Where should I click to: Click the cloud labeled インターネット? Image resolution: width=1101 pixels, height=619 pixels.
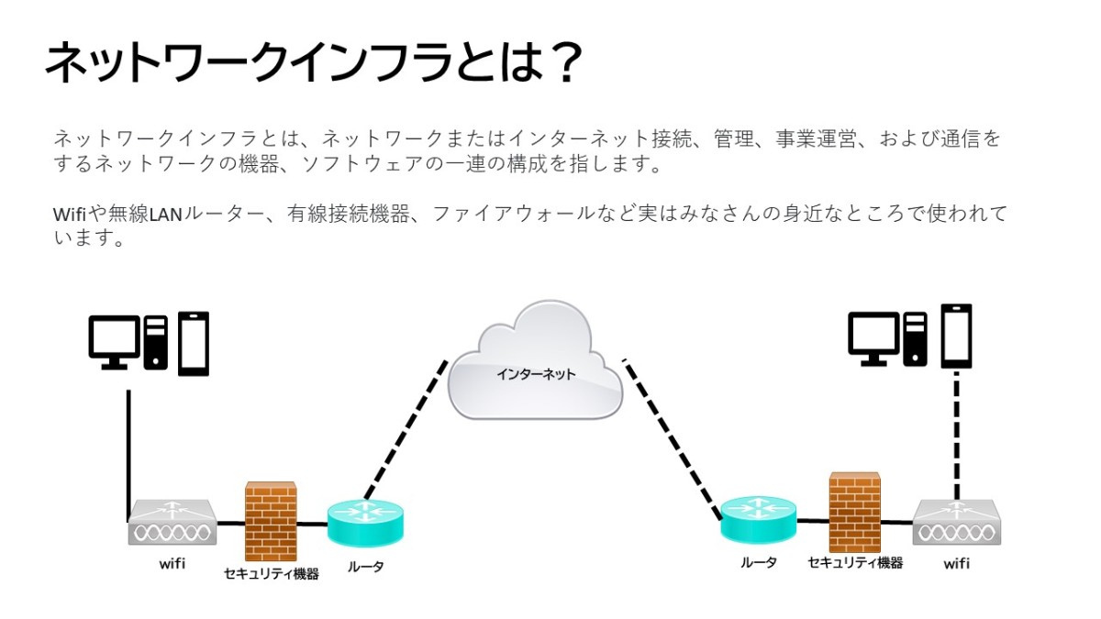point(535,361)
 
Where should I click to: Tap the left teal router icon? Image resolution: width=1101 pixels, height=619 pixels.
point(365,522)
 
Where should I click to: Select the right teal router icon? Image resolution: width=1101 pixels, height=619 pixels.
point(758,520)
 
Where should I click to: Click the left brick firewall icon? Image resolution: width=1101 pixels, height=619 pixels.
point(271,521)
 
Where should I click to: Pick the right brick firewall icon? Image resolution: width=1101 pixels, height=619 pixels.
point(855,513)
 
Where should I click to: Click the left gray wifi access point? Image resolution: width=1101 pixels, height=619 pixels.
point(172,522)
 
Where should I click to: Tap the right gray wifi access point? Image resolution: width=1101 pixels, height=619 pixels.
point(956,523)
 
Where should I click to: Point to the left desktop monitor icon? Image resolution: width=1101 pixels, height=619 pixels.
point(114,342)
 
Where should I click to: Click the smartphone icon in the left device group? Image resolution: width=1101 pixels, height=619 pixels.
point(194,344)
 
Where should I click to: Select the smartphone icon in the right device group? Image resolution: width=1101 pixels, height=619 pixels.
point(956,336)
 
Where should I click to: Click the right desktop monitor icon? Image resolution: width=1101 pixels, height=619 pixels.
point(873,339)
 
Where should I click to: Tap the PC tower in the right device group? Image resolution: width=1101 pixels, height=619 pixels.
point(915,339)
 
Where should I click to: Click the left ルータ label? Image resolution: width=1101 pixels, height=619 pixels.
point(365,567)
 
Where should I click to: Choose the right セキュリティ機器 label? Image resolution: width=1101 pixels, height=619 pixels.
point(855,562)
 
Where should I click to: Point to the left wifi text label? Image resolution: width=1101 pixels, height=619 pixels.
point(172,563)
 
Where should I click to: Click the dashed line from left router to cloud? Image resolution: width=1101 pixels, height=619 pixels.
point(406,430)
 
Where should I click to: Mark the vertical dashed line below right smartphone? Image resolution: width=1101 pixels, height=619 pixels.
point(956,436)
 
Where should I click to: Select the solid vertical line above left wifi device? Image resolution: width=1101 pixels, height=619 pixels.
point(128,456)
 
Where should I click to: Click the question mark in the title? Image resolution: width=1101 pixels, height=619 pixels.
point(566,63)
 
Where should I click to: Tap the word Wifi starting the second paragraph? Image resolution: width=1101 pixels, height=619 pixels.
point(70,215)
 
